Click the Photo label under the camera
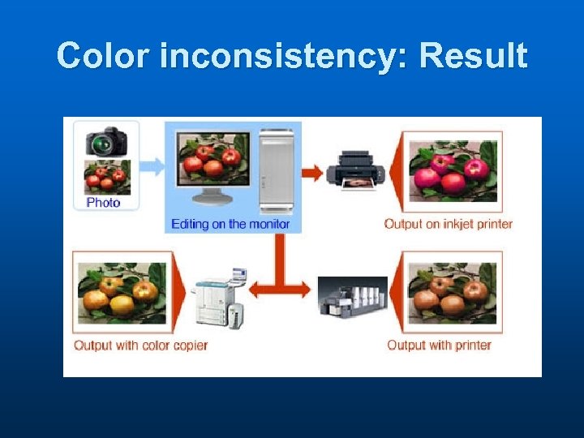[103, 203]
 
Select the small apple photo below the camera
[107, 176]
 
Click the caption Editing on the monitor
[230, 224]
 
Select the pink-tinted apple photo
[453, 171]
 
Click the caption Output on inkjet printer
[448, 224]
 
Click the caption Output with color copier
[140, 346]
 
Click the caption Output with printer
[439, 346]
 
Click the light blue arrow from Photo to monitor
[151, 167]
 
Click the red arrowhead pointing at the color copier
[255, 289]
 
